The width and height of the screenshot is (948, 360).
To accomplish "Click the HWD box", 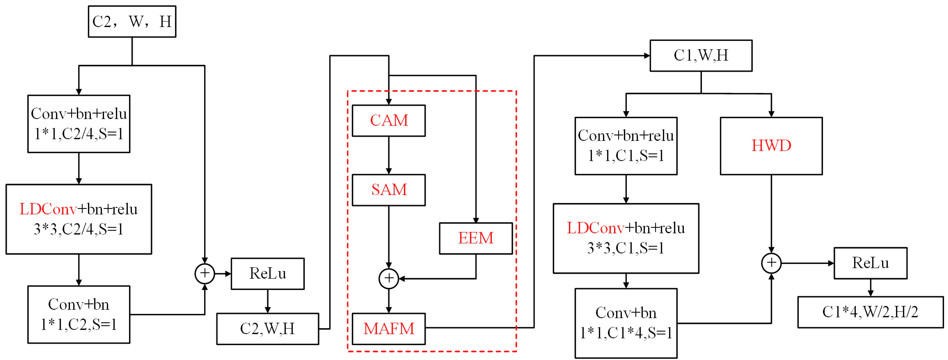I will point(771,146).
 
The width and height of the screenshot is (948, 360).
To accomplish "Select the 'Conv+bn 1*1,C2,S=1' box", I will point(79,314).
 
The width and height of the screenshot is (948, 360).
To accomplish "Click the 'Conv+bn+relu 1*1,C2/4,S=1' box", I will point(79,124).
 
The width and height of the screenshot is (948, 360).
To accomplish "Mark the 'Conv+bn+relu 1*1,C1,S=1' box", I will point(626,146).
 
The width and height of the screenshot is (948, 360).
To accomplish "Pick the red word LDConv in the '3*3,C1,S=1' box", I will point(595,228).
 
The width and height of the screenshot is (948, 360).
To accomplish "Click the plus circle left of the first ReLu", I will point(205,274).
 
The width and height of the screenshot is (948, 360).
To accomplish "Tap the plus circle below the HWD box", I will point(771,263).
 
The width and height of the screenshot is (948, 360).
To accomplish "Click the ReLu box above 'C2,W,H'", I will point(267,274).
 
